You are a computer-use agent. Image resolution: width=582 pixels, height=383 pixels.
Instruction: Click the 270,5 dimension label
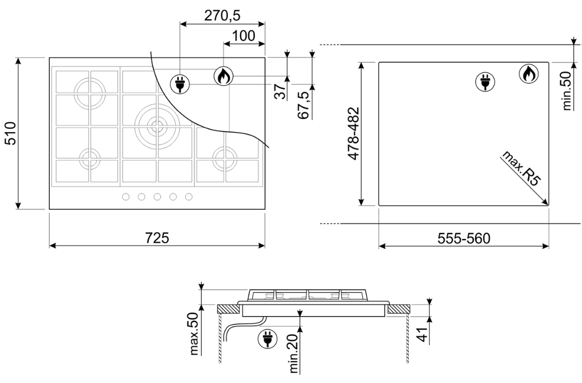(222, 15)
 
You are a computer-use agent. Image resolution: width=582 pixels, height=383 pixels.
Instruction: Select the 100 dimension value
(243, 36)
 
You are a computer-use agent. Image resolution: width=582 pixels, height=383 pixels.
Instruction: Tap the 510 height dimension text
(10, 133)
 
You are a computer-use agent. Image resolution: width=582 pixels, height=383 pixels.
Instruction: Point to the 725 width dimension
(157, 237)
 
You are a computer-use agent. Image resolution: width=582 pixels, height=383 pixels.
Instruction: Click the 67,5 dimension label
(304, 105)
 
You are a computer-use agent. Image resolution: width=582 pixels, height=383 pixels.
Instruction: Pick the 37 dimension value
(281, 92)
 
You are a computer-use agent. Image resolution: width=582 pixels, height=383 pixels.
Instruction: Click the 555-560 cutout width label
(464, 238)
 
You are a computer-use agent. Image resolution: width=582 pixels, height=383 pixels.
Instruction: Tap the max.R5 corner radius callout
(521, 168)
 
